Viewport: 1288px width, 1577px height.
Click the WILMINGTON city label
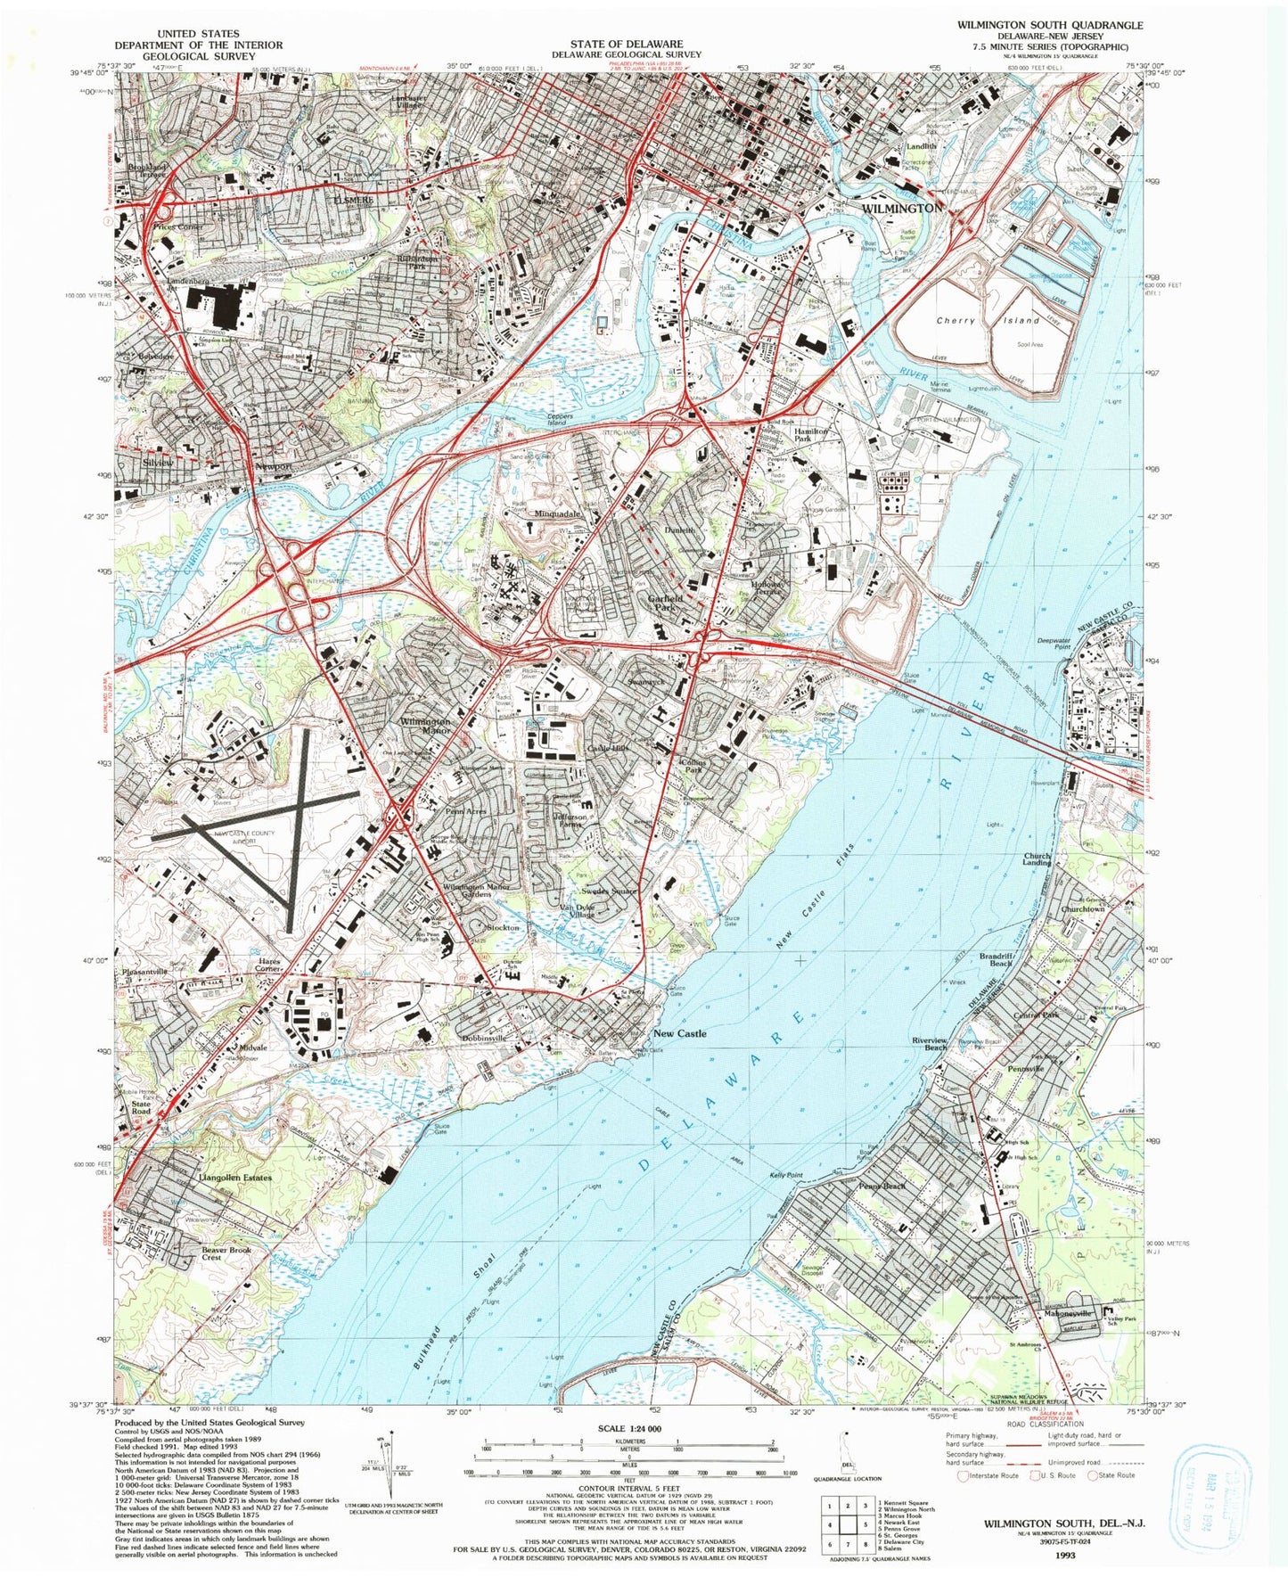[x=902, y=208]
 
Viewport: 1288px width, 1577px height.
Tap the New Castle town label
[x=679, y=1033]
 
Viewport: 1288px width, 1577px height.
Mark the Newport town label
[x=274, y=466]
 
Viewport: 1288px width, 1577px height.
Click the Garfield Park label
[x=666, y=603]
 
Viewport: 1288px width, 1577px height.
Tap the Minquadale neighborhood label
[x=557, y=514]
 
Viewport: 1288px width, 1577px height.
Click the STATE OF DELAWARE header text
[x=627, y=43]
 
